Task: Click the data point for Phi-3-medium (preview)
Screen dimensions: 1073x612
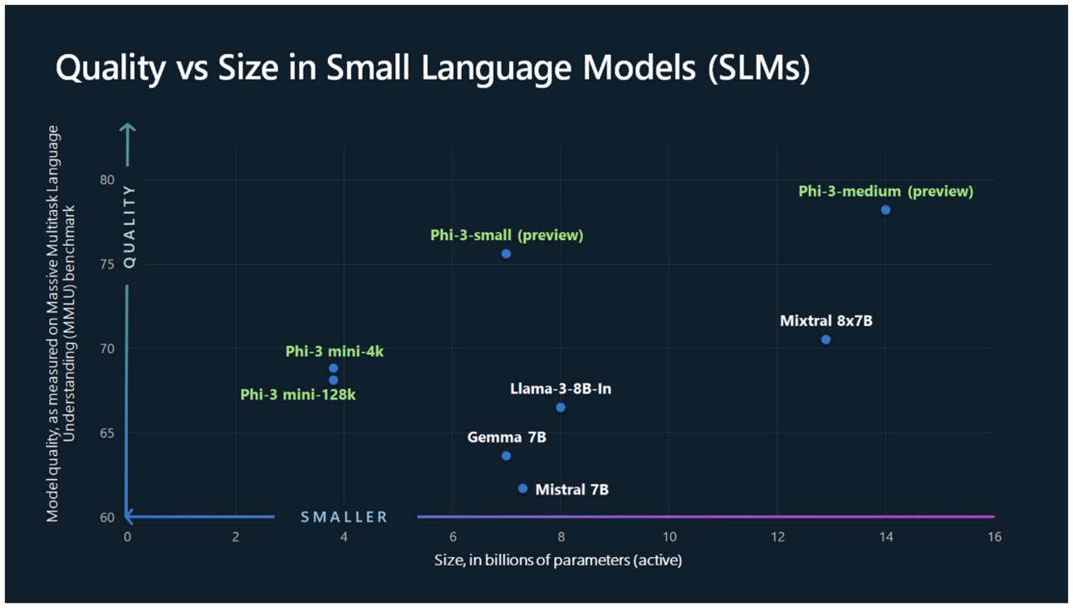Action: point(885,210)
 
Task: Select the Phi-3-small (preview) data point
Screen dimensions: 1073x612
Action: point(506,254)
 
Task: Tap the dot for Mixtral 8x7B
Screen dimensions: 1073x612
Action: point(826,340)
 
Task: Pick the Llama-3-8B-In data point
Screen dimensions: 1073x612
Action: point(561,408)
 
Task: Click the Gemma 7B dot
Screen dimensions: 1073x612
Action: point(506,456)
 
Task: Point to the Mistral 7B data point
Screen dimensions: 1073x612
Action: point(522,488)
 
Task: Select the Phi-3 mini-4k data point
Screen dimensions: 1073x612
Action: point(333,368)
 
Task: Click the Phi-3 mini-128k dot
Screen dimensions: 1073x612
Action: point(333,380)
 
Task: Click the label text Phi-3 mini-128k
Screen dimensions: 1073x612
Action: point(298,394)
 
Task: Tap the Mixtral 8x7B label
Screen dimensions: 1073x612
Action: point(826,321)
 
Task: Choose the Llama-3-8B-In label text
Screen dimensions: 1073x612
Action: point(561,389)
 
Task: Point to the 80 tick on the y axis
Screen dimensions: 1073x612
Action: point(107,180)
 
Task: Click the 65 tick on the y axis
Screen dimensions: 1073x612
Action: point(107,433)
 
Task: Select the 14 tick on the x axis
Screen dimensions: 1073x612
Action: point(885,536)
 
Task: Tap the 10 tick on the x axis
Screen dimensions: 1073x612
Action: point(669,536)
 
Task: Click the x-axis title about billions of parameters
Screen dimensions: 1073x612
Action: point(558,561)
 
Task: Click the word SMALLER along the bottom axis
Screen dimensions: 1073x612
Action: point(344,517)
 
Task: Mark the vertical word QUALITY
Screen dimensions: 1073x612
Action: point(130,227)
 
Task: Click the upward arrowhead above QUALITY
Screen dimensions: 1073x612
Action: point(127,127)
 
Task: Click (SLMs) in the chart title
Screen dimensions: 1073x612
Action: point(759,68)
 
